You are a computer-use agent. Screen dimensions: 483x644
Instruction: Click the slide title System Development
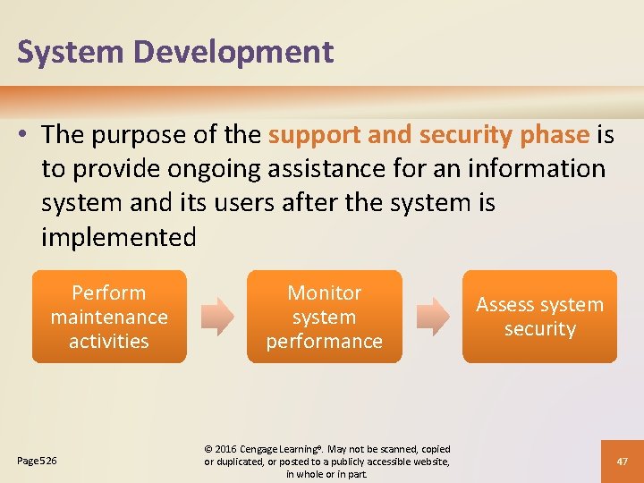tap(175, 52)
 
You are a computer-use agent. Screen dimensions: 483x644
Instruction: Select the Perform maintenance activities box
tap(109, 317)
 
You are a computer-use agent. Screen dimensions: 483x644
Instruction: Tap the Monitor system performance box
tap(325, 317)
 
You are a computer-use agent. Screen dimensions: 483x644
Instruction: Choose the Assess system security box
tap(539, 317)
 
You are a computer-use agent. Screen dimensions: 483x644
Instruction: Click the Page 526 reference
tap(38, 461)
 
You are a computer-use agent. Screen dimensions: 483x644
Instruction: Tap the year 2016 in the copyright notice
tap(227, 449)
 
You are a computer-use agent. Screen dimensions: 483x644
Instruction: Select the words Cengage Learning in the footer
tap(281, 449)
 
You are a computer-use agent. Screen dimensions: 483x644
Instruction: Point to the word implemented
tap(118, 237)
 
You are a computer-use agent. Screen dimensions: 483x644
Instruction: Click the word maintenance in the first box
tap(109, 317)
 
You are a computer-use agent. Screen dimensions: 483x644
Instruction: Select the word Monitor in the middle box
tap(325, 292)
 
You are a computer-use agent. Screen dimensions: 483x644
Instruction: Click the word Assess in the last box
tap(504, 305)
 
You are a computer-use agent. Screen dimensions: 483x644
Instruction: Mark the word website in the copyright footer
tap(428, 462)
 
